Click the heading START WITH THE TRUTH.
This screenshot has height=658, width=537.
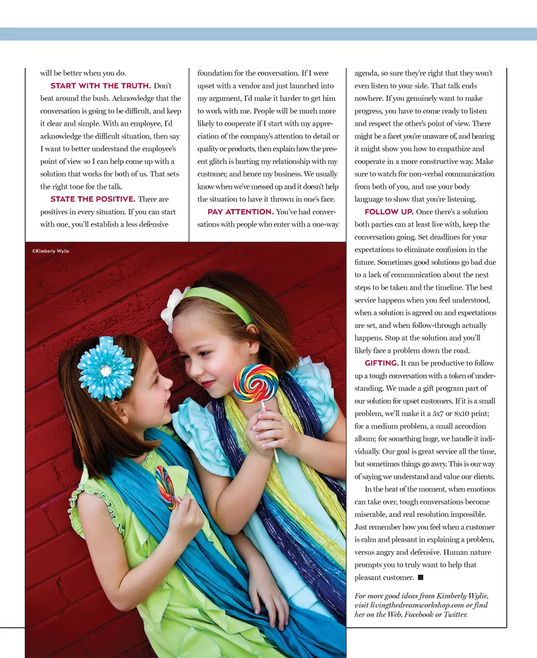pos(101,86)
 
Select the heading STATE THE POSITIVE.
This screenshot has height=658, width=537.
pos(93,199)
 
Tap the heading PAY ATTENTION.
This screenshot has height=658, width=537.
pos(241,212)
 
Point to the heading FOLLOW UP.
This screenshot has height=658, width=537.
pos(389,212)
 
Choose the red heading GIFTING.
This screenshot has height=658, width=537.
pos(381,364)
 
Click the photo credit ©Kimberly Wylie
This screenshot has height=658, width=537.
pos(50,251)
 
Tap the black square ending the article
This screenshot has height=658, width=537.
pos(421,577)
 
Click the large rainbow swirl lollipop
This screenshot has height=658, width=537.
pos(256,383)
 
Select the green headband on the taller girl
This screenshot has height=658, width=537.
pos(221,302)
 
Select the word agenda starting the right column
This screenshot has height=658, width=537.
pos(368,73)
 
